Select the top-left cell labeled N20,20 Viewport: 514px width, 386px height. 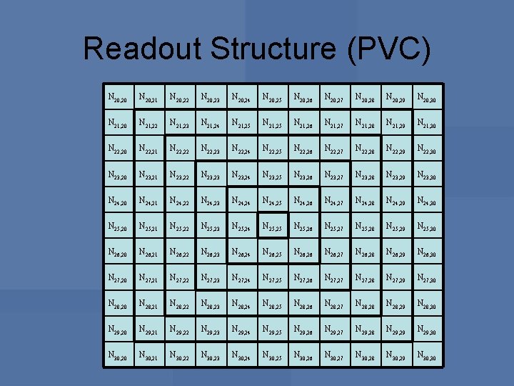click(x=118, y=96)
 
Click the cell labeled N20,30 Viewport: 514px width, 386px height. click(x=426, y=96)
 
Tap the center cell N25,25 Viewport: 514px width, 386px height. click(x=272, y=225)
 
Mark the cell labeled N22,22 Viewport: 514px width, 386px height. click(x=179, y=148)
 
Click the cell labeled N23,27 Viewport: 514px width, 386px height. click(x=333, y=174)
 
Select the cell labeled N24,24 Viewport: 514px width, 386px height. click(x=241, y=199)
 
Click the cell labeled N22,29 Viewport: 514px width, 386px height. click(x=395, y=148)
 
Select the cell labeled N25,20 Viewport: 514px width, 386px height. click(x=118, y=225)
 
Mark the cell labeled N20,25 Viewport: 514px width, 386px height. click(x=272, y=96)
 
